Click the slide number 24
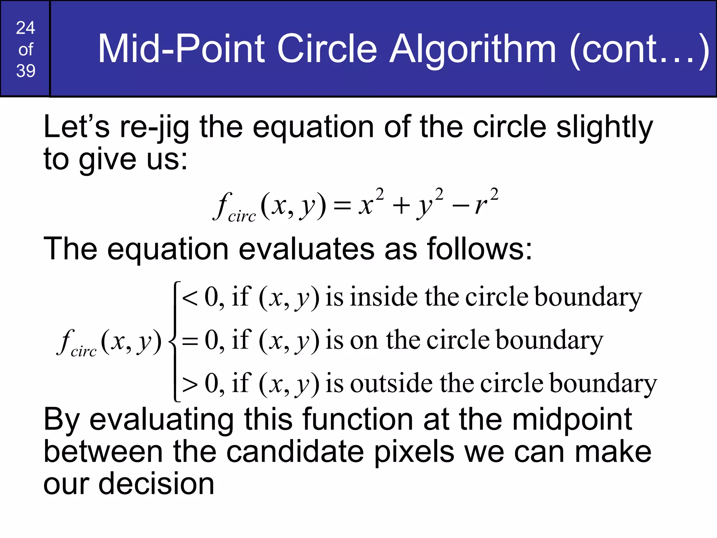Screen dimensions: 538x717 click(x=26, y=28)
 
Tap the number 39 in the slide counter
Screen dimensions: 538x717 click(x=26, y=71)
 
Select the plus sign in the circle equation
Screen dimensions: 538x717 click(x=401, y=205)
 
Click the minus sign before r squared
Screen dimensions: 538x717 click(x=461, y=205)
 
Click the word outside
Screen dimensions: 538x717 click(x=391, y=383)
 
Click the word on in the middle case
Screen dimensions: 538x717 click(x=364, y=340)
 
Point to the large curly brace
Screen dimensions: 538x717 click(x=174, y=341)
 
